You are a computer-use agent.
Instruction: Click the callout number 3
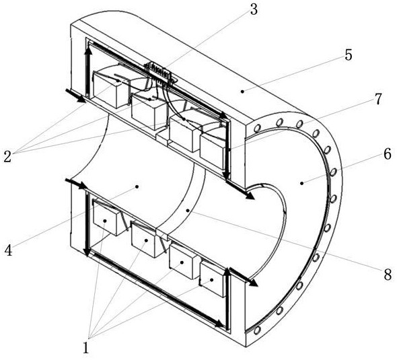tap(254, 9)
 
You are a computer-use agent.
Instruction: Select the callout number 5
tap(349, 55)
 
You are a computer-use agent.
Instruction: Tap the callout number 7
tap(377, 99)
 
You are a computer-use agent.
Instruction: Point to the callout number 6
tap(388, 154)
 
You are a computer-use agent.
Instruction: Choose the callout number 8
tap(388, 275)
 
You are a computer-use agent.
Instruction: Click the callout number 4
tap(8, 250)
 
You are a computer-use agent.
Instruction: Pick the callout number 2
tap(7, 157)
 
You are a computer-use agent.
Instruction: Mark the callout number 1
tap(86, 348)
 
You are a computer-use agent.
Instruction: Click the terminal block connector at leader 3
tap(160, 71)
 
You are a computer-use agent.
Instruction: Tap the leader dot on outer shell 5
tap(242, 92)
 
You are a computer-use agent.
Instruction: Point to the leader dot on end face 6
tap(301, 183)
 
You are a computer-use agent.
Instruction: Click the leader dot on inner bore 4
tap(137, 186)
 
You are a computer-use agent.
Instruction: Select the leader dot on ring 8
tap(187, 210)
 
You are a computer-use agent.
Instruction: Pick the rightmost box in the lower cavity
tap(213, 279)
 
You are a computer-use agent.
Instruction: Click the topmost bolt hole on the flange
tap(279, 123)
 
